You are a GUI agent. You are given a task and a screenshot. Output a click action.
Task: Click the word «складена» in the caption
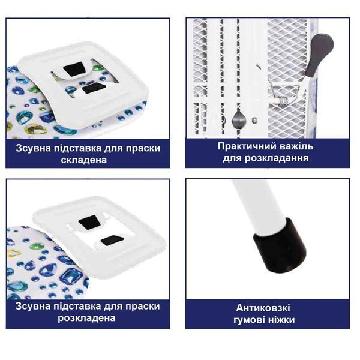click(x=84, y=160)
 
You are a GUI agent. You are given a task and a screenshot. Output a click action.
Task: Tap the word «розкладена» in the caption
click(x=86, y=318)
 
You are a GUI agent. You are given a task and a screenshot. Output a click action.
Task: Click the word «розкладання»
click(x=277, y=158)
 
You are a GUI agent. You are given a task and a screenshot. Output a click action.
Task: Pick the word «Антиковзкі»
click(x=263, y=308)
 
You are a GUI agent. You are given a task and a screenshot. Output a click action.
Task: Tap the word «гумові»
click(x=248, y=320)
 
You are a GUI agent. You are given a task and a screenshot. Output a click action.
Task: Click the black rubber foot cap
click(x=280, y=247)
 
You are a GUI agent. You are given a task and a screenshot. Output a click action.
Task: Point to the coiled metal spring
click(x=282, y=101)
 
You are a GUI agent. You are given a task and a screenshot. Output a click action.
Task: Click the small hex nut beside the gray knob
click(x=254, y=120)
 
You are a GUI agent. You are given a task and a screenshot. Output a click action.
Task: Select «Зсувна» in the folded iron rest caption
click(x=33, y=148)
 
